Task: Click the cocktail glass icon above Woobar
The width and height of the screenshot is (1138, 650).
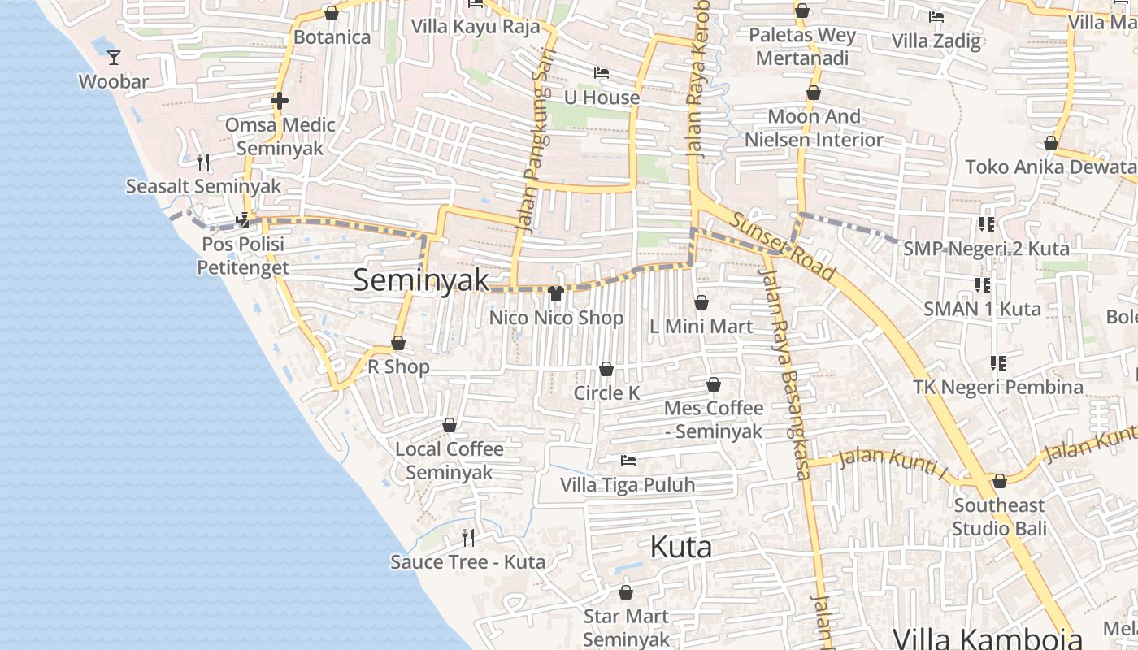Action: pyautogui.click(x=114, y=57)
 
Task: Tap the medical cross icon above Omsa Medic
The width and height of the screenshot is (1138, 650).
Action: pyautogui.click(x=280, y=101)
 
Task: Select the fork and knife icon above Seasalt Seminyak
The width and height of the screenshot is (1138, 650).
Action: pyautogui.click(x=203, y=162)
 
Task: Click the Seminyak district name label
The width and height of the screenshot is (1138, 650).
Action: pyautogui.click(x=421, y=280)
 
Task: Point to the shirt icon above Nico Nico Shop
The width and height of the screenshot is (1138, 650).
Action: pyautogui.click(x=556, y=292)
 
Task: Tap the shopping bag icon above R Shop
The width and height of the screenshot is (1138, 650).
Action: pyautogui.click(x=398, y=343)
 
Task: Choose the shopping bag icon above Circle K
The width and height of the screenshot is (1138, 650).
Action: pyautogui.click(x=606, y=369)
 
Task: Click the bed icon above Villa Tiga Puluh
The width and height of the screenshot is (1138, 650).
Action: pyautogui.click(x=628, y=461)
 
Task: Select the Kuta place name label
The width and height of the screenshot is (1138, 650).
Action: pyautogui.click(x=681, y=547)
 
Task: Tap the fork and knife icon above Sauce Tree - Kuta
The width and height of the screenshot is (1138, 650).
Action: pyautogui.click(x=468, y=537)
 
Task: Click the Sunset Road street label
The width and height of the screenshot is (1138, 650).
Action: pyautogui.click(x=782, y=246)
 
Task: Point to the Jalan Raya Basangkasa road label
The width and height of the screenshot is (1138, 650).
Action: pyautogui.click(x=785, y=374)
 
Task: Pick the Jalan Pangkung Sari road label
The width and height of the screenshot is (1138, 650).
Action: pyautogui.click(x=531, y=150)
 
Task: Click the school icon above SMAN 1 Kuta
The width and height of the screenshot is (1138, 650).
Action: pyautogui.click(x=983, y=284)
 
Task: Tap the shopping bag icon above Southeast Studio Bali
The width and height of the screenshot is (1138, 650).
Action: pyautogui.click(x=1000, y=481)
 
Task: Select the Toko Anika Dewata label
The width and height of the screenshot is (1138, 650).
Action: pyautogui.click(x=1051, y=167)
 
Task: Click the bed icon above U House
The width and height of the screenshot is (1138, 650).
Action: pyautogui.click(x=602, y=73)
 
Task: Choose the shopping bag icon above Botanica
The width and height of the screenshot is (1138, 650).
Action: pyautogui.click(x=332, y=13)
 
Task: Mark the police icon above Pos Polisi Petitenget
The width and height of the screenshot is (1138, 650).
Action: pyautogui.click(x=243, y=219)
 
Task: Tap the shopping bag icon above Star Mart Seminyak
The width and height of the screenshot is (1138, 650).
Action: pyautogui.click(x=626, y=592)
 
